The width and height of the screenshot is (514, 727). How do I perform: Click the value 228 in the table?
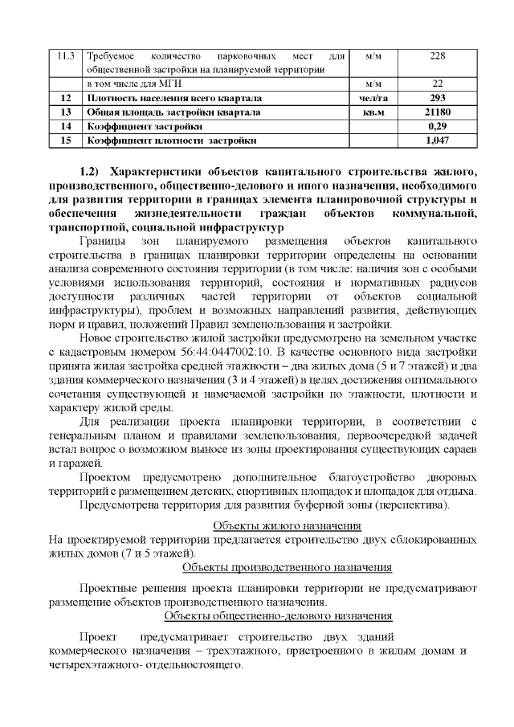point(438,55)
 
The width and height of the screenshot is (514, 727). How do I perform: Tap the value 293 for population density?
point(438,97)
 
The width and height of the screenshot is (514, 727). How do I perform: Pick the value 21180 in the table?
point(438,112)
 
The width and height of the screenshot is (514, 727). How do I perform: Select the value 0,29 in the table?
point(438,126)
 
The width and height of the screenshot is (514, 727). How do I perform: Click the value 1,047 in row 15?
point(438,141)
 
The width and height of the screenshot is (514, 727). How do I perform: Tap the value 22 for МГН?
point(438,84)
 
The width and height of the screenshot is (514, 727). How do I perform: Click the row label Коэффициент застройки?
point(145,126)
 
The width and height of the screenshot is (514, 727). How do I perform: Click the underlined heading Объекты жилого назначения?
point(286,525)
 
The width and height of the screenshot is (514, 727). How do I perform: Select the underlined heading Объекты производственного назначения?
point(287,568)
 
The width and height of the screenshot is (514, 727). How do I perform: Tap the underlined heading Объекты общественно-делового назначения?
point(278,616)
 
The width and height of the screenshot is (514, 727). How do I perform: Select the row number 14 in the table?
point(67,126)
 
